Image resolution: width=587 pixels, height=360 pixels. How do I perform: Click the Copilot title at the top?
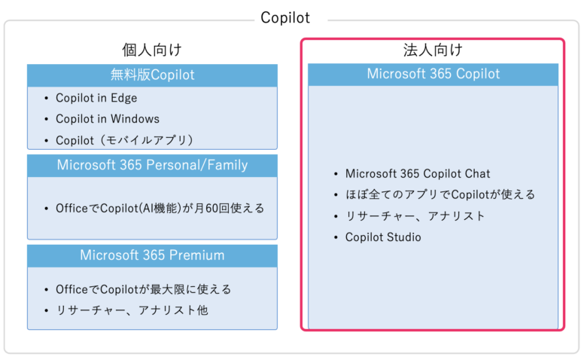click(285, 17)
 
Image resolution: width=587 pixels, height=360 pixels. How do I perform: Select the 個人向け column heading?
click(152, 50)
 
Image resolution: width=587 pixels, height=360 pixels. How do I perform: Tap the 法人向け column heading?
click(433, 50)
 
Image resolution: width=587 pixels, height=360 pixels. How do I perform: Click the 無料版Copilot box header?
click(152, 75)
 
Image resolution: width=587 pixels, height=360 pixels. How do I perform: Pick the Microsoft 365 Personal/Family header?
click(152, 166)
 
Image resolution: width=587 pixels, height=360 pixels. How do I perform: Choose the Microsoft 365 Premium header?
click(152, 256)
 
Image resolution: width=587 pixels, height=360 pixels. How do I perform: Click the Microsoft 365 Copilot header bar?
click(433, 75)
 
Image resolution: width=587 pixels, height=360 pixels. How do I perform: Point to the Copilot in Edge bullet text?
click(96, 98)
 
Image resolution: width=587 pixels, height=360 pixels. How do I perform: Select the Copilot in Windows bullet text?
click(108, 119)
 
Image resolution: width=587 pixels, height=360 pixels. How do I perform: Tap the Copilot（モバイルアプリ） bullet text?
click(124, 141)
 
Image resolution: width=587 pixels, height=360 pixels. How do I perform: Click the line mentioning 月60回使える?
click(160, 209)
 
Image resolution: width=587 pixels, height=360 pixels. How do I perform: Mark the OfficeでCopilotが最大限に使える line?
click(144, 289)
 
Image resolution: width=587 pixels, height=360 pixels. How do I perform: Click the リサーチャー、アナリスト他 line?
click(132, 310)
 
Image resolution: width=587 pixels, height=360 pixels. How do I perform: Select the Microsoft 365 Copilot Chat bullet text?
click(418, 174)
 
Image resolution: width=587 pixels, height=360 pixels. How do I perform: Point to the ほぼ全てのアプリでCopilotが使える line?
click(440, 195)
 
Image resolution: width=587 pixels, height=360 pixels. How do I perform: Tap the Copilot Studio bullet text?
click(383, 237)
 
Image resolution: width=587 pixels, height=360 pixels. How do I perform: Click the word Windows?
click(135, 119)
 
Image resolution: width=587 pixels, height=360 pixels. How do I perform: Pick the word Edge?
click(124, 99)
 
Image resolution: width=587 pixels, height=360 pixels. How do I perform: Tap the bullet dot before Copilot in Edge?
click(47, 99)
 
